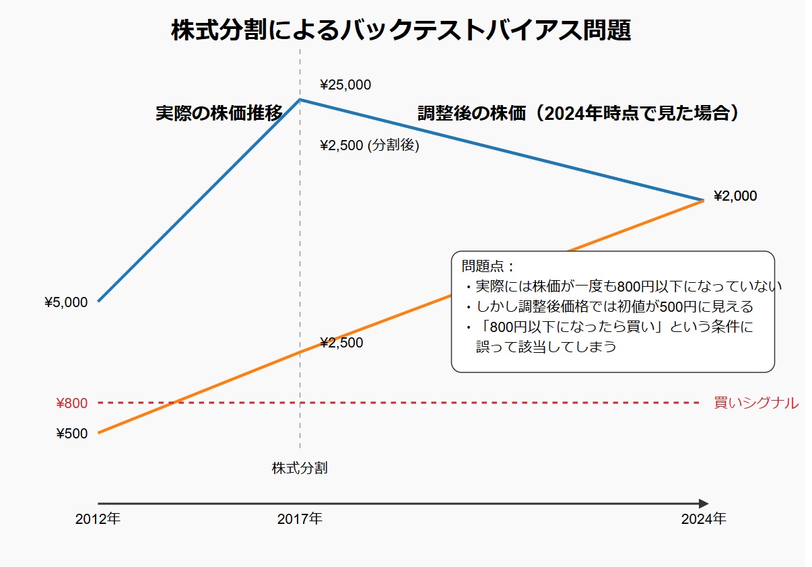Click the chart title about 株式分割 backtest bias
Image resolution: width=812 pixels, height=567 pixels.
pyautogui.click(x=401, y=31)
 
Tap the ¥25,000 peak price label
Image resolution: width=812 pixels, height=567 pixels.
pyautogui.click(x=345, y=85)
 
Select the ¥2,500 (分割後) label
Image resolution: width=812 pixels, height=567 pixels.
pyautogui.click(x=370, y=145)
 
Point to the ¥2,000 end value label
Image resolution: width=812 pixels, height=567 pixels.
pyautogui.click(x=735, y=197)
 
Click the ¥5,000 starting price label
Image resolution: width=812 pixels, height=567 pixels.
pyautogui.click(x=66, y=302)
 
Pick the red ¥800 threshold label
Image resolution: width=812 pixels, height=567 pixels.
pyautogui.click(x=71, y=403)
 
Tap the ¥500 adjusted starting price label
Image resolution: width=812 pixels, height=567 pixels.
pyautogui.click(x=71, y=434)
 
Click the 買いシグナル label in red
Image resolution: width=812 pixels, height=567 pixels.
pyautogui.click(x=756, y=403)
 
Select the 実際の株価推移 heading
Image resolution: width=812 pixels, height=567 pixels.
pyautogui.click(x=219, y=113)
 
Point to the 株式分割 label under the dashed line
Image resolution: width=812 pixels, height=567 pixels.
pyautogui.click(x=300, y=468)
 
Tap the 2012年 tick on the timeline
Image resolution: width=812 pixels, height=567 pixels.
pyautogui.click(x=98, y=519)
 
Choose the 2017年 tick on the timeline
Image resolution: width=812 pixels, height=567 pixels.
pyautogui.click(x=300, y=519)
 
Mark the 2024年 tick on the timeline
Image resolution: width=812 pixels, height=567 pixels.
pyautogui.click(x=704, y=519)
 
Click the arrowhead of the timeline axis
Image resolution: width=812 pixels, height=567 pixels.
pyautogui.click(x=704, y=504)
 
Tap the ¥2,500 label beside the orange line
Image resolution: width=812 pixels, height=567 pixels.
pyautogui.click(x=341, y=343)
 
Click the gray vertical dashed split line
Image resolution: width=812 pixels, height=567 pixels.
pyautogui.click(x=300, y=269)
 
